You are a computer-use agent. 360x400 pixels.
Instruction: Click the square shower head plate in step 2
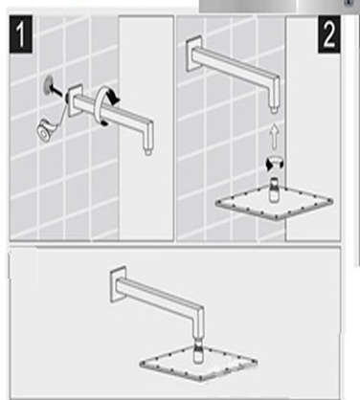(273, 205)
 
